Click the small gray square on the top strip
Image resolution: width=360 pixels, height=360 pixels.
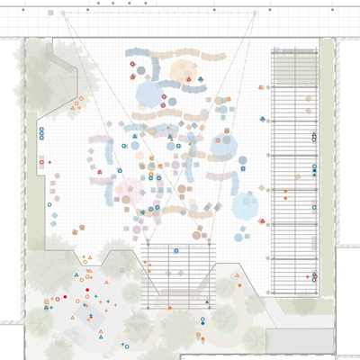51,13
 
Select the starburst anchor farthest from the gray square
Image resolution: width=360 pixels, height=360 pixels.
256,13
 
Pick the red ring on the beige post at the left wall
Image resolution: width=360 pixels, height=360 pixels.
41,162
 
